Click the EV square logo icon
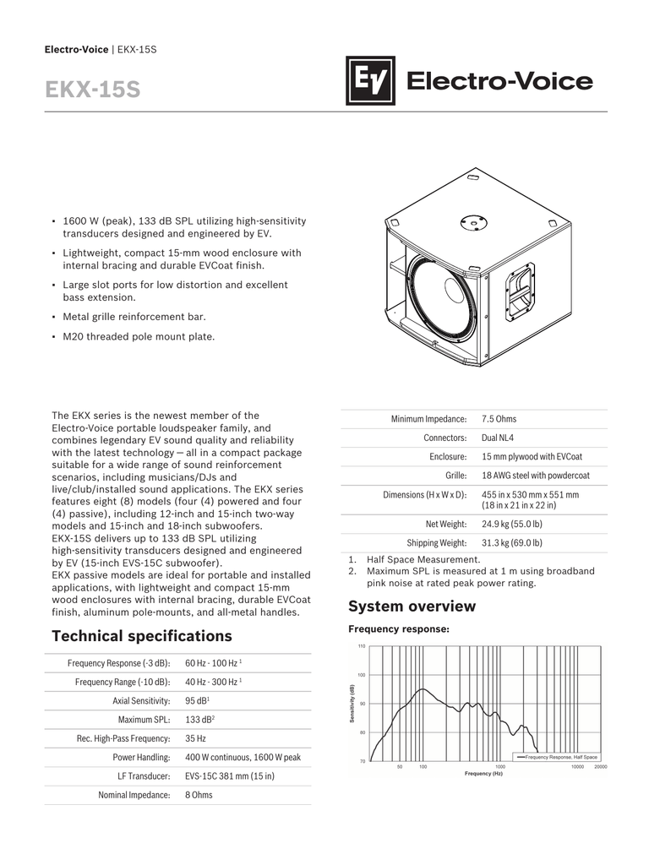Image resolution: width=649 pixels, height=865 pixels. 370,81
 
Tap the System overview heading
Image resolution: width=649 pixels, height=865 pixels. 412,607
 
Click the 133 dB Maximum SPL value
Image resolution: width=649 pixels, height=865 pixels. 199,720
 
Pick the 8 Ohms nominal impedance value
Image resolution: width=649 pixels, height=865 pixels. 199,795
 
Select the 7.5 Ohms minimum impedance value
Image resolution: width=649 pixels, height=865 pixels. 499,419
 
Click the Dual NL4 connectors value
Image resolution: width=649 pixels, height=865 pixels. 497,438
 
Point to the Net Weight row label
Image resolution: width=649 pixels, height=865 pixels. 445,524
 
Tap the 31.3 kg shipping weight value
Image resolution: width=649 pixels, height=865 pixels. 511,543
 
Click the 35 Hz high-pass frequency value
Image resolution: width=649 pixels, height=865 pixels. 195,738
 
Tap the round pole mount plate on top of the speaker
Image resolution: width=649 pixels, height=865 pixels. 471,222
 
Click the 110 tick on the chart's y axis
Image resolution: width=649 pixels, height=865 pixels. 361,647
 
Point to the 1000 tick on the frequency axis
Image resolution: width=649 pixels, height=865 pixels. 499,767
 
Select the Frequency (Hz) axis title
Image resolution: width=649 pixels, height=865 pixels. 483,774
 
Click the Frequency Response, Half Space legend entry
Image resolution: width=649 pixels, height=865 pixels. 560,757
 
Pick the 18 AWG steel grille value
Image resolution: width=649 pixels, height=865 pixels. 535,476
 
